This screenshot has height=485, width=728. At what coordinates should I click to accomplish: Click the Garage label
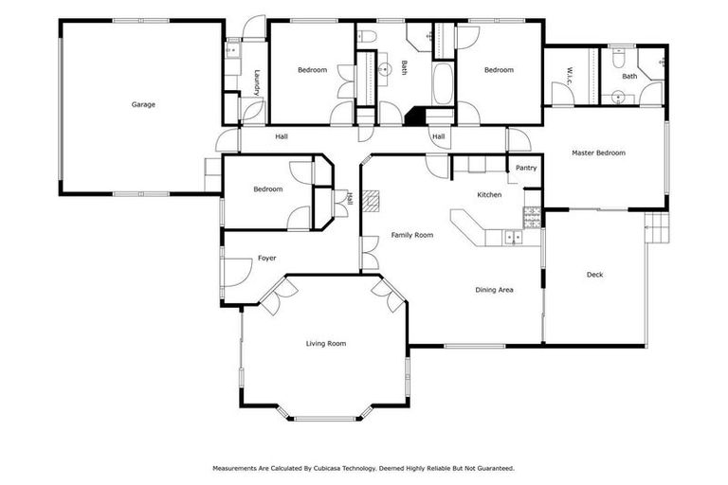click(143, 104)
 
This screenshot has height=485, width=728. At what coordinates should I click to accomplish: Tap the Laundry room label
click(257, 81)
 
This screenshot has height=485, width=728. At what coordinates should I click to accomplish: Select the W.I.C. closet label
click(571, 73)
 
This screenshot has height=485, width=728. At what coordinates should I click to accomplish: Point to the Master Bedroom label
click(598, 153)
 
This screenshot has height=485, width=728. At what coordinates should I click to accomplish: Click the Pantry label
click(526, 169)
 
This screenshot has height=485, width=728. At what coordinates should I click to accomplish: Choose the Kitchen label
click(489, 194)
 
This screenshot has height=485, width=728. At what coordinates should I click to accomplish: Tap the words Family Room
click(412, 235)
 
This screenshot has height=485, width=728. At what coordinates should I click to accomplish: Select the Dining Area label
click(494, 290)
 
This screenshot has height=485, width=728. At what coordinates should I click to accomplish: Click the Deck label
click(594, 275)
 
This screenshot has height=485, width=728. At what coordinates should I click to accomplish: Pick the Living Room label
click(325, 344)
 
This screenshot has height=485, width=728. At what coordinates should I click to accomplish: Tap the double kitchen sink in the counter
click(512, 237)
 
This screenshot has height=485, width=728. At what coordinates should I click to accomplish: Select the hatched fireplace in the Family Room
click(373, 200)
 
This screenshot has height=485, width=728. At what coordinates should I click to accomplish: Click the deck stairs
click(657, 227)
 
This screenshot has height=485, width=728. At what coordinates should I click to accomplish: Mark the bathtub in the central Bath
click(443, 85)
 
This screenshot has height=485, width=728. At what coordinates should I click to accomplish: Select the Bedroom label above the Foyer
click(268, 189)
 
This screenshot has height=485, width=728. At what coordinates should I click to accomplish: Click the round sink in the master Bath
click(618, 96)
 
